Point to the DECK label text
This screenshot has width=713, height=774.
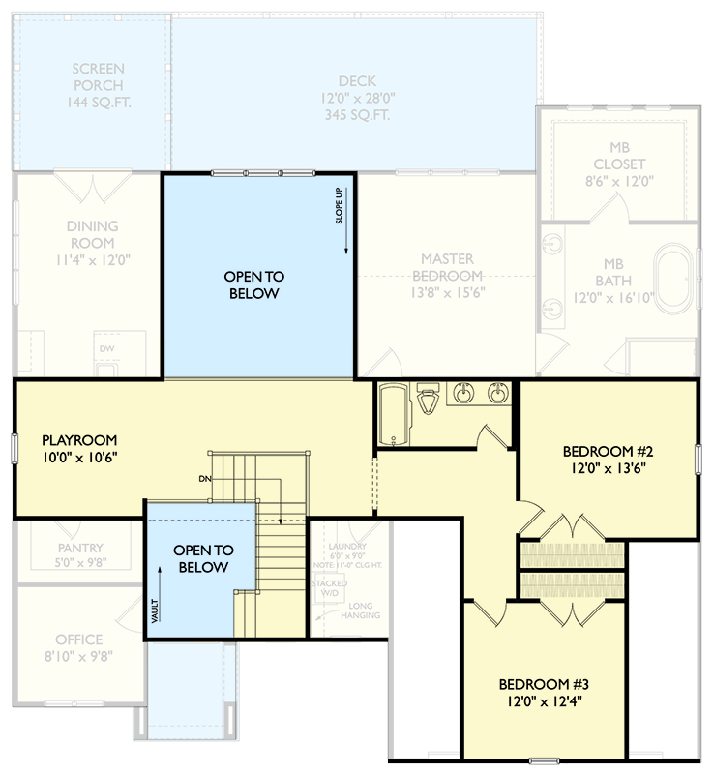[x=357, y=82]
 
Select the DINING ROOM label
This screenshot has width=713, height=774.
[x=92, y=235]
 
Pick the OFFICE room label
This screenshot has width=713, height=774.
[x=78, y=640]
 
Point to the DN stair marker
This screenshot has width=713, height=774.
[x=203, y=478]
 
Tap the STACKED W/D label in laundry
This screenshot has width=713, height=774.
[x=323, y=589]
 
